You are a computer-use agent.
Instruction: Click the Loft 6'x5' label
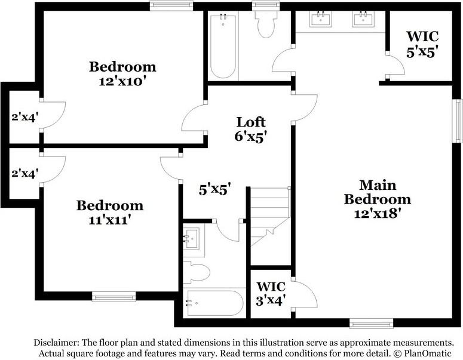[251, 129]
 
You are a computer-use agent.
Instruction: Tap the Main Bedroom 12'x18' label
[378, 199]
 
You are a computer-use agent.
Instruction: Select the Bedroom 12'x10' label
[122, 74]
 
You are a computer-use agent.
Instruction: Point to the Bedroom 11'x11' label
[110, 213]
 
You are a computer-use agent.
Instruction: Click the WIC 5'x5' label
[422, 44]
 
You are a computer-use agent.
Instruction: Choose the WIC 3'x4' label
[271, 294]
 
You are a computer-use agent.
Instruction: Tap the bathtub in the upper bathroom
[223, 46]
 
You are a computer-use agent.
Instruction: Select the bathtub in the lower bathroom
[214, 303]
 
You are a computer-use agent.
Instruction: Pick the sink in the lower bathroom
[192, 238]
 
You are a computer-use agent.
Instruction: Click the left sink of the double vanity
[321, 19]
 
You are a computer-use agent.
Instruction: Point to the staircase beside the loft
[270, 217]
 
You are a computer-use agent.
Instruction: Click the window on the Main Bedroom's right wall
[458, 121]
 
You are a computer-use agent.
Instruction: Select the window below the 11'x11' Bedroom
[114, 297]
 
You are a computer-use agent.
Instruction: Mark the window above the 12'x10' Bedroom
[171, 5]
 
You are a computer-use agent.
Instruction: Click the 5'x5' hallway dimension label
[214, 189]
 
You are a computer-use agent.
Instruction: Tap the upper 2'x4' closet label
[25, 117]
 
